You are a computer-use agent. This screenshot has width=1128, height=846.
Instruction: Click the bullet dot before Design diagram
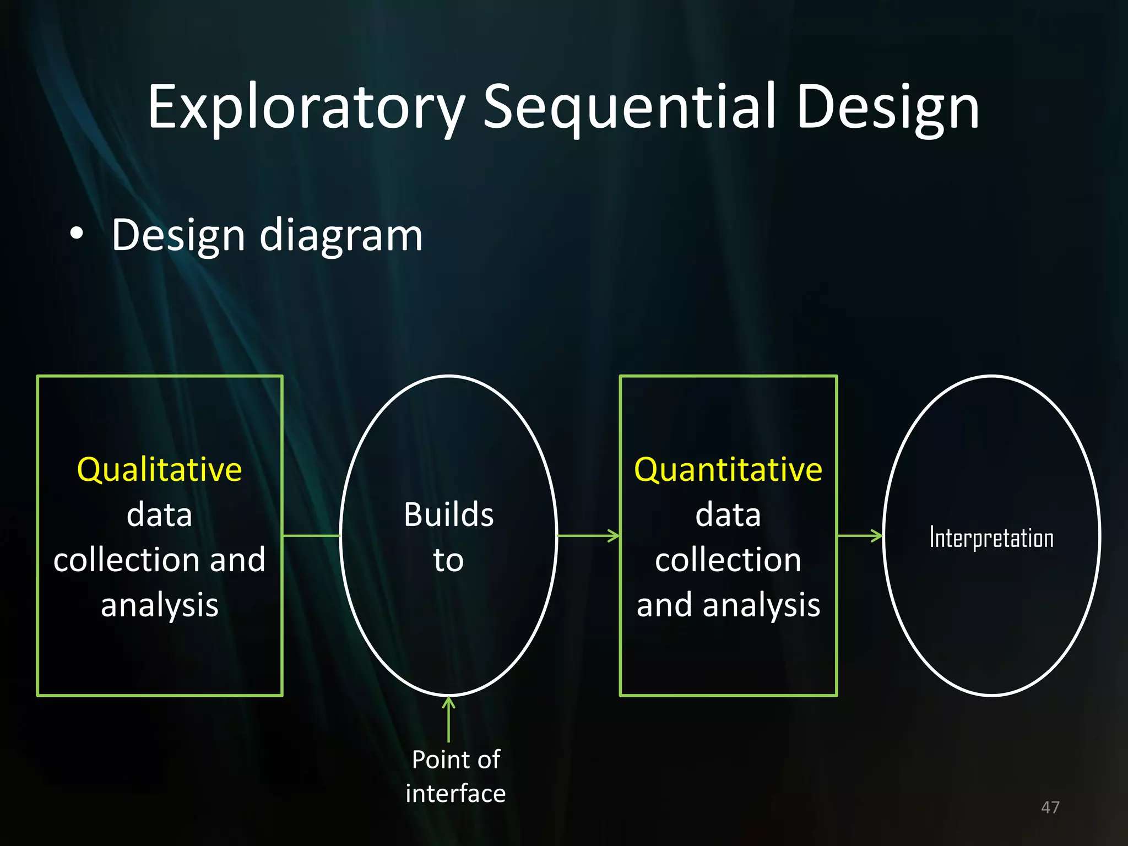[x=77, y=234]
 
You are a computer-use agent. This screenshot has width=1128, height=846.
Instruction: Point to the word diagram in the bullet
[x=341, y=236]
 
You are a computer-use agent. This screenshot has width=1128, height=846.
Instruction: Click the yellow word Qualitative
[x=159, y=470]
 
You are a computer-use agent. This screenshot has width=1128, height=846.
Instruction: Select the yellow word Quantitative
[x=728, y=470]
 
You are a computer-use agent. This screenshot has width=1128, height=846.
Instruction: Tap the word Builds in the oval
[x=448, y=515]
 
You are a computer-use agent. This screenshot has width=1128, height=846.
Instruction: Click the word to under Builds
[x=448, y=560]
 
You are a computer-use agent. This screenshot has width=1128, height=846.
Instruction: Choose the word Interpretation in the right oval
[x=991, y=538]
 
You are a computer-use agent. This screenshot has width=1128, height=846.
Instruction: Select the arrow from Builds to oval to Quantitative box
[x=588, y=535]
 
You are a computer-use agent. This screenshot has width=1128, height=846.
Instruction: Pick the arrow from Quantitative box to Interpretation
[x=860, y=535]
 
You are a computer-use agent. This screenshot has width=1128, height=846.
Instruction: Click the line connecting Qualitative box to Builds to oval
[x=311, y=535]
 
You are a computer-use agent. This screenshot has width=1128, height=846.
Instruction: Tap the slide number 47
[x=1050, y=807]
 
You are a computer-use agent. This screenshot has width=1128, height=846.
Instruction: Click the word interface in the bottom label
[x=455, y=794]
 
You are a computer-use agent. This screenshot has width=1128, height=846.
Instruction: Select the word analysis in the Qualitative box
[x=159, y=605]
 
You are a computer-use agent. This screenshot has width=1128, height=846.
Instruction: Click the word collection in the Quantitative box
[x=728, y=560]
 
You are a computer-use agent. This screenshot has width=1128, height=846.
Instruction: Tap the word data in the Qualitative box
[x=159, y=515]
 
